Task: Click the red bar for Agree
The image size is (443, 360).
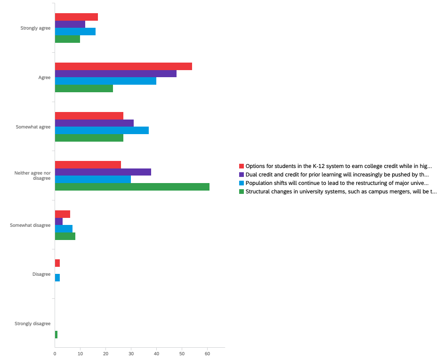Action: pos(123,66)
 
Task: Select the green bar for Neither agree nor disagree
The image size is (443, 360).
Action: pos(132,187)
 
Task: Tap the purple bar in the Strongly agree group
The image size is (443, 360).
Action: pos(70,24)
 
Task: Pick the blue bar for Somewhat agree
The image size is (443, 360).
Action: pos(102,130)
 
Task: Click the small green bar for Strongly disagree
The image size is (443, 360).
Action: pos(56,335)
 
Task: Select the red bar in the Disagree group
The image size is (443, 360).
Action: pos(57,263)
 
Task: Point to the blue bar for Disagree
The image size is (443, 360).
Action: pos(57,278)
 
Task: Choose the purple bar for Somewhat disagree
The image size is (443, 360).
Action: pos(59,221)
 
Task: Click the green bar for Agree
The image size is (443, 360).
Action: pos(84,88)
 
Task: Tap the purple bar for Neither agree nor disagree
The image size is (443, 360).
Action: pos(103,172)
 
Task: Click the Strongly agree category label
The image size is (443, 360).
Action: pos(35,28)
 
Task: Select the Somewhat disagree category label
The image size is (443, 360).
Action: pos(30,225)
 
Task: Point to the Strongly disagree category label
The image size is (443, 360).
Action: pos(32,324)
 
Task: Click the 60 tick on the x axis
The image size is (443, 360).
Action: pos(207,353)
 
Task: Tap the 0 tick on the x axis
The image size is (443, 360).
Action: pos(55,353)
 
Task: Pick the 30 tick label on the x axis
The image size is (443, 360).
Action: pos(131,353)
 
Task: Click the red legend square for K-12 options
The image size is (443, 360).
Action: pos(242,166)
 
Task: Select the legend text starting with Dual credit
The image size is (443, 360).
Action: pos(337,175)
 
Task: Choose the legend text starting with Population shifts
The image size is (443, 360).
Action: pos(337,183)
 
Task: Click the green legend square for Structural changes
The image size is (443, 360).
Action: pos(242,192)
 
